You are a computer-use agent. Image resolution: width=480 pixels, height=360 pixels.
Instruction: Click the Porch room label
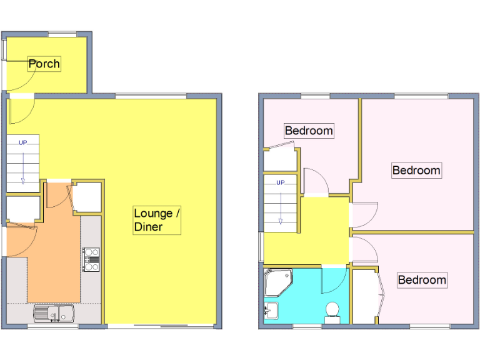click(44, 64)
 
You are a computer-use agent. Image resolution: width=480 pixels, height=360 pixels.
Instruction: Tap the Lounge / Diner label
click(157, 220)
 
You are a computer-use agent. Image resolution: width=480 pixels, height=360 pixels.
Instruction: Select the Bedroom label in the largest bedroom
click(416, 170)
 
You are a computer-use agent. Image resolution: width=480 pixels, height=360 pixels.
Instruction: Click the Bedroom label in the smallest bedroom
click(309, 131)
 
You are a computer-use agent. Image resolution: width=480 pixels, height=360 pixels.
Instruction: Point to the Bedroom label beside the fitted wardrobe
click(422, 279)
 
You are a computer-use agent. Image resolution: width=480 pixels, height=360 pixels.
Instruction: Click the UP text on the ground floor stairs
click(23, 142)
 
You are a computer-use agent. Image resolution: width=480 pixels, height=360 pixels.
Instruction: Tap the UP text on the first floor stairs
click(281, 182)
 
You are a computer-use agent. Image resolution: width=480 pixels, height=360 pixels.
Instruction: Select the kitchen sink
click(54, 312)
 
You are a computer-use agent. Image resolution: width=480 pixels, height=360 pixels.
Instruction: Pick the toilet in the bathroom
click(332, 310)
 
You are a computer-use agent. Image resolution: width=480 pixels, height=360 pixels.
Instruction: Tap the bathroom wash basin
click(272, 310)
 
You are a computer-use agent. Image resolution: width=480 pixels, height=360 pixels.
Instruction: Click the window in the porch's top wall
click(62, 33)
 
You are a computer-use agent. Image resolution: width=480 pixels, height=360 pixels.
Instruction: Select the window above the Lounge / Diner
click(151, 96)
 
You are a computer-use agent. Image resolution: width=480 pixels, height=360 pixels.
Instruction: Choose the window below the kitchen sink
click(53, 326)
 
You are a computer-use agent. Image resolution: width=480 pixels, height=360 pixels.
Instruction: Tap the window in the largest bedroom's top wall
click(421, 96)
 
